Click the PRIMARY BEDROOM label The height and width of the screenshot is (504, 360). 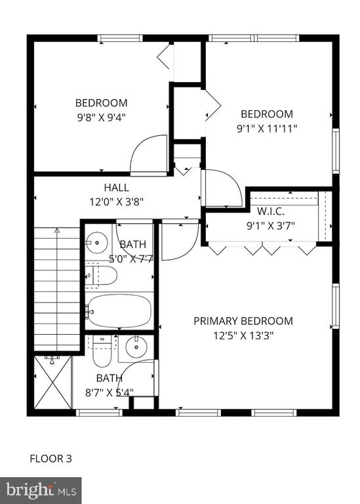[243, 321]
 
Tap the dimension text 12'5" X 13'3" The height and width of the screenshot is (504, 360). [243, 335]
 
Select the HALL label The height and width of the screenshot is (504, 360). [116, 188]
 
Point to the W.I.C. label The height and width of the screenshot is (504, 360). [270, 211]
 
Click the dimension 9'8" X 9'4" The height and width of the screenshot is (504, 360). [101, 117]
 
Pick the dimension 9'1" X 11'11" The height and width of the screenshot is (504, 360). [267, 129]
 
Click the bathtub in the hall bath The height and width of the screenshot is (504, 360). [119, 310]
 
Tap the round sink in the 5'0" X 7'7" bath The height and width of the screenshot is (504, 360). [96, 242]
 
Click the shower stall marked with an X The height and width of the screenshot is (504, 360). [52, 382]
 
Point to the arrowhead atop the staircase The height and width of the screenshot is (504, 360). [57, 230]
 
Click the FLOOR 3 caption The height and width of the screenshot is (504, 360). [50, 458]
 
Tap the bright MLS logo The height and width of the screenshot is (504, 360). [41, 491]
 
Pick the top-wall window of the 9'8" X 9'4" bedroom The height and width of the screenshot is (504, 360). [120, 38]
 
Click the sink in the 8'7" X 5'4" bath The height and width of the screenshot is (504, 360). [136, 347]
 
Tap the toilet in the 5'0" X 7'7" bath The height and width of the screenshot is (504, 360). [101, 275]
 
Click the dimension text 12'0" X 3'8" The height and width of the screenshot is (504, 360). [116, 202]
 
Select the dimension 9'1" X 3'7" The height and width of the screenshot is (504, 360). [270, 226]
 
